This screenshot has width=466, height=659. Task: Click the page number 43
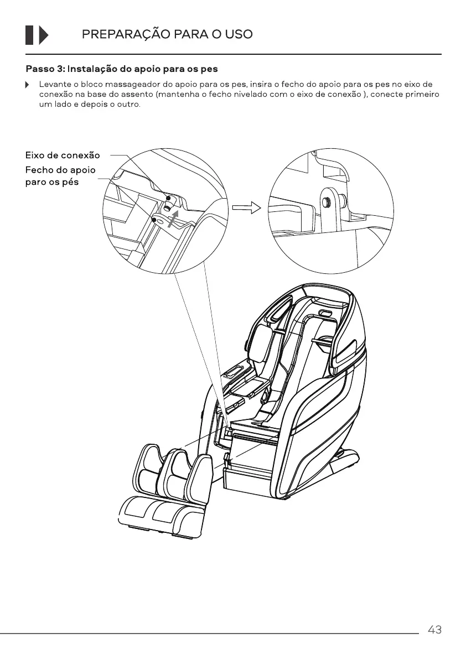[434, 630]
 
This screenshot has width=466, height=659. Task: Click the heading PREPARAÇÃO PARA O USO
[167, 34]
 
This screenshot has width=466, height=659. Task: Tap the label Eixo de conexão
[63, 155]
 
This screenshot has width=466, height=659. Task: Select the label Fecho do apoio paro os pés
[60, 176]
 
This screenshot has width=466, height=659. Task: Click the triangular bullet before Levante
[27, 85]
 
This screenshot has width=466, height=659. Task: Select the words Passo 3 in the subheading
[45, 70]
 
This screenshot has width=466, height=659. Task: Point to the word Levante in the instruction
[54, 85]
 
